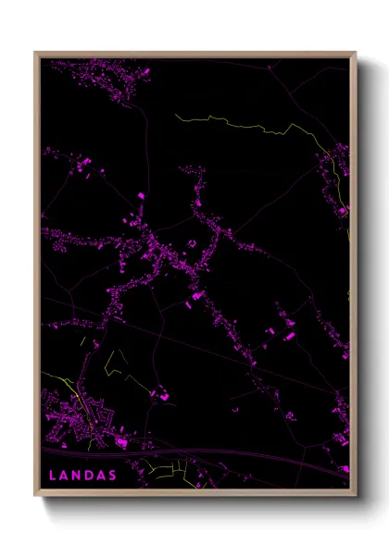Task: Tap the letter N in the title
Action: tap(77, 476)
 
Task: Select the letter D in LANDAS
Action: tap(90, 476)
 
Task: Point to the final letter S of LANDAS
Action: tap(114, 476)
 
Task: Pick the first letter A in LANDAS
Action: tap(64, 476)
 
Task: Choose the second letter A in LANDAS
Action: tap(102, 476)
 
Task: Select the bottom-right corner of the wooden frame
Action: tap(356, 494)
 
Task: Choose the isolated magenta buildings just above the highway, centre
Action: tap(162, 396)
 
